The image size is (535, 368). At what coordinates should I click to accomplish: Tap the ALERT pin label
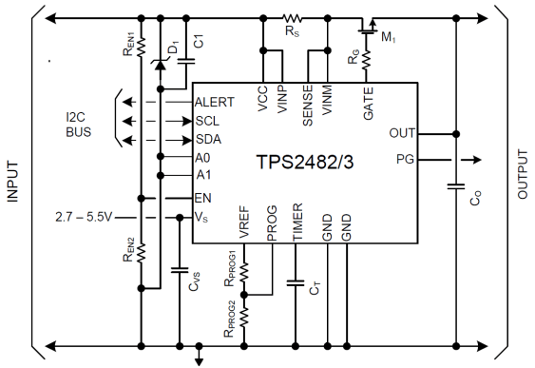216,102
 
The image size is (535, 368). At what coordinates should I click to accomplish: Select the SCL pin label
208,121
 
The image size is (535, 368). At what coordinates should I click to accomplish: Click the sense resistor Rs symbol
292,16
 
